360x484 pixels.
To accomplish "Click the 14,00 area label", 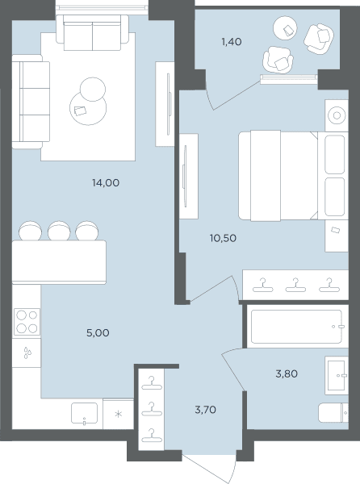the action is (x=106, y=183).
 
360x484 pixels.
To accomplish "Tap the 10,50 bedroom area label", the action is (x=223, y=238).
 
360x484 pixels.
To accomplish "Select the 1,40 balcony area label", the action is (x=232, y=41).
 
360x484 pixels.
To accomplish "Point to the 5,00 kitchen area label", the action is (x=98, y=332).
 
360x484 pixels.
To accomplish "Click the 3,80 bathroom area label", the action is (x=287, y=373).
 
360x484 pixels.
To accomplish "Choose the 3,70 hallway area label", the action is (x=205, y=410).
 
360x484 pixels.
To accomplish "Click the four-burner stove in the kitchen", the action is (x=27, y=322).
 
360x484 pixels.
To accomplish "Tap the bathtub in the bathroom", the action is (x=297, y=327).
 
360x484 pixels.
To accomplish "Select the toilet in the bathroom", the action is (x=333, y=413).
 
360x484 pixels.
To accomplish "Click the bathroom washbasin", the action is (x=337, y=375).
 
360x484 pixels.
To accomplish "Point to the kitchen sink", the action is (x=84, y=413).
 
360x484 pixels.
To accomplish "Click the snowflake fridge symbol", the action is (x=119, y=414).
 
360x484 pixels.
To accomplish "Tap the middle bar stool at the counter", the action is (x=59, y=230).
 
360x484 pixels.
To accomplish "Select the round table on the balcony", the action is (x=286, y=28).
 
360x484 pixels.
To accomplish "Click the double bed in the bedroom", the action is (x=293, y=176).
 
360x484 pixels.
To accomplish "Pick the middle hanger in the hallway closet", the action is (x=151, y=409).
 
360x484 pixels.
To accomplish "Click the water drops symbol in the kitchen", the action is (x=27, y=353).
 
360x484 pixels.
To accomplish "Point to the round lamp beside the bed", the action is (x=337, y=115).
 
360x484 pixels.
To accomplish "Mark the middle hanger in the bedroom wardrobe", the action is (x=295, y=286).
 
